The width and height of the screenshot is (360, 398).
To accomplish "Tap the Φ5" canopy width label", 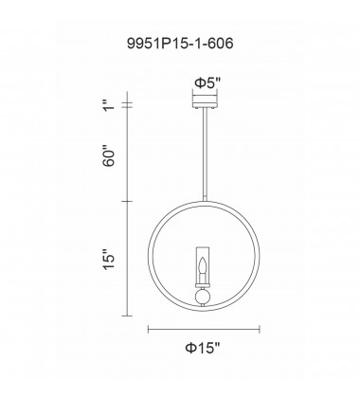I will tap(204, 82).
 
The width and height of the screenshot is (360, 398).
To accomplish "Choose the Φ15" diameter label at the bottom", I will tap(204, 350).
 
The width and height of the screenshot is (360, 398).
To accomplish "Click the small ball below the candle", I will tap(204, 296).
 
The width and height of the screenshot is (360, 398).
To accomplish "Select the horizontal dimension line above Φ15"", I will tap(204, 329).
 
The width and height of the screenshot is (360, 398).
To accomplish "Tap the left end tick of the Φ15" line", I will tap(148, 329).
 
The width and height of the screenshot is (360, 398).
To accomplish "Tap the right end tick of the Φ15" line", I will tap(261, 329).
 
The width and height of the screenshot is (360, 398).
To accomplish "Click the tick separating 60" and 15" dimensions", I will tap(130, 201).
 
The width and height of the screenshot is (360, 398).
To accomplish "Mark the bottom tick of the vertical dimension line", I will tap(130, 314).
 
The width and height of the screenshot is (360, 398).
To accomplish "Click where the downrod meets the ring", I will tap(204, 201).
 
